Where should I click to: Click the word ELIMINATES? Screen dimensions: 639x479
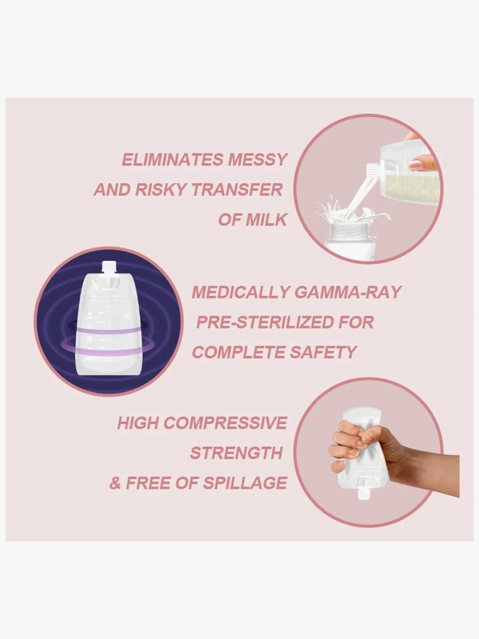click(173, 160)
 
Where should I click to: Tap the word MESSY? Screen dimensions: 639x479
click(257, 160)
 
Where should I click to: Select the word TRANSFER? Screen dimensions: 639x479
click(237, 190)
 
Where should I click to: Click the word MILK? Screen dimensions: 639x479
click(266, 220)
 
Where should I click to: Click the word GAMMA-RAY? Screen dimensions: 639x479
click(348, 292)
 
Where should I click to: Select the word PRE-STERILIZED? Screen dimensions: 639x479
click(264, 323)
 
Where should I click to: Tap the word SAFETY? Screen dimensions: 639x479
click(323, 353)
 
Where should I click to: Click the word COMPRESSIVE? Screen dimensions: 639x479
click(225, 423)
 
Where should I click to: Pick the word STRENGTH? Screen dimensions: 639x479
click(236, 454)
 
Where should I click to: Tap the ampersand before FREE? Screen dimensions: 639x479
click(115, 484)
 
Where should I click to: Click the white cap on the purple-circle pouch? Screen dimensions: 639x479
click(109, 267)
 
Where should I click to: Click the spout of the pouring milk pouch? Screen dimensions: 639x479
click(372, 170)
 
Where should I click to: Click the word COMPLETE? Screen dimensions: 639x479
click(238, 353)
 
